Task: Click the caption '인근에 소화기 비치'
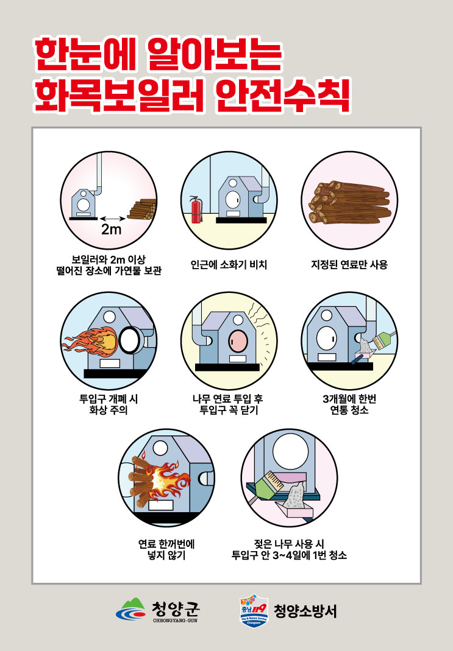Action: click(x=229, y=265)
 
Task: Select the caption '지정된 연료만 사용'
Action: click(x=349, y=265)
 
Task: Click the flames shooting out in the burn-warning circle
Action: click(x=92, y=341)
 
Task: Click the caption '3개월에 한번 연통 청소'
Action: click(x=349, y=404)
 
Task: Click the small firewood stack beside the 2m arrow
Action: click(x=141, y=210)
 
